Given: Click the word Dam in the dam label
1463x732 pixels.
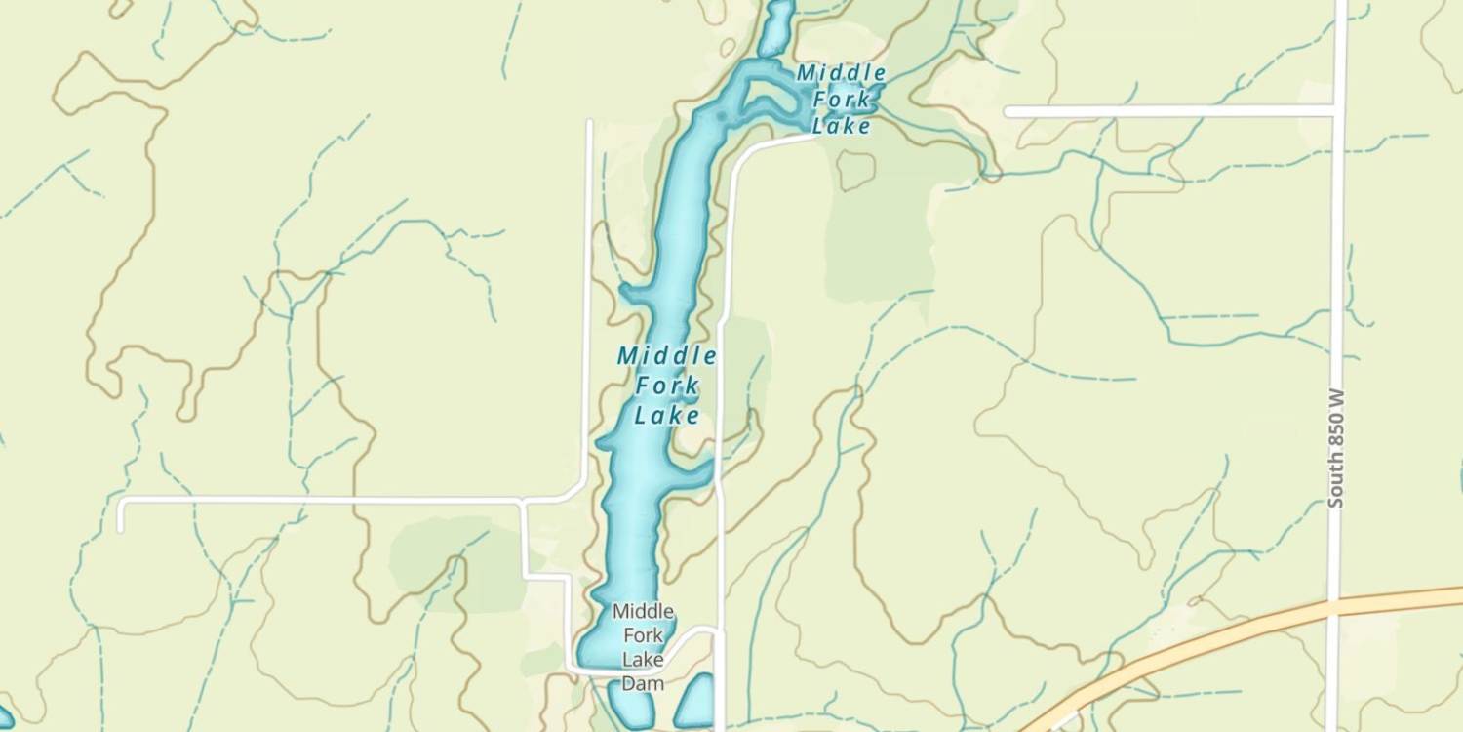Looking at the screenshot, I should click(x=643, y=683).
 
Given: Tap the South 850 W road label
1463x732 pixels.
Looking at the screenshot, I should click(x=1335, y=448).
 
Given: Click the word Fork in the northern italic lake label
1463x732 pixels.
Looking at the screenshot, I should click(x=839, y=100).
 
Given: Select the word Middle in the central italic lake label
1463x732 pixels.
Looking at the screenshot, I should click(x=667, y=356).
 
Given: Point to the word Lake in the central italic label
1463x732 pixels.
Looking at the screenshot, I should click(x=667, y=417).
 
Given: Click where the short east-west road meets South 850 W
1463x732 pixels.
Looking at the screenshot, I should click(x=1337, y=111).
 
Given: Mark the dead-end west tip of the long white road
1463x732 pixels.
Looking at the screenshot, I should click(x=121, y=527).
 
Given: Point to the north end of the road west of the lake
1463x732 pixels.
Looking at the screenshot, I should click(x=589, y=123).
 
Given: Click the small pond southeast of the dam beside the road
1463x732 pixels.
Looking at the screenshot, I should click(x=694, y=703).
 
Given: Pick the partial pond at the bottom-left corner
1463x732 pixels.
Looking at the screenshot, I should click(x=5, y=720).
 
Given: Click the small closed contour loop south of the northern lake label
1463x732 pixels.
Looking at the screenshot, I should click(x=855, y=169).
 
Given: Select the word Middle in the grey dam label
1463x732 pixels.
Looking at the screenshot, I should click(x=643, y=612).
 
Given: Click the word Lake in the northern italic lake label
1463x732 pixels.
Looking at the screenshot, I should click(x=841, y=127).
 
